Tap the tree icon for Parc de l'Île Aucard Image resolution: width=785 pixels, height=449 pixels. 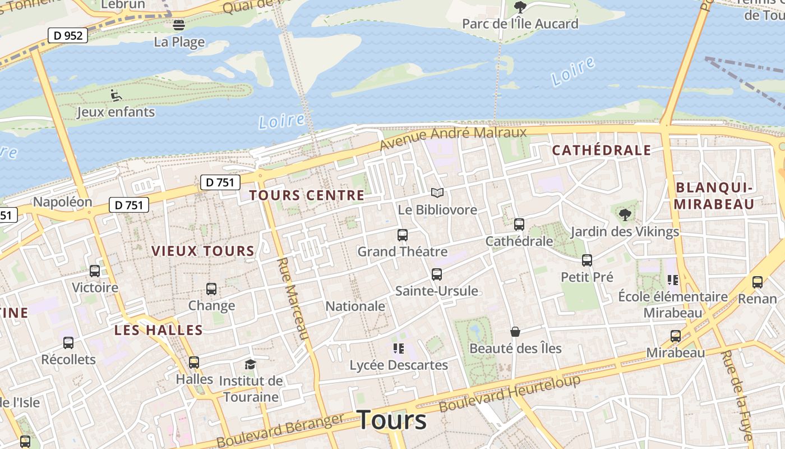tap(520, 7)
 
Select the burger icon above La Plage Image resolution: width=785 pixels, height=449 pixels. tap(179, 25)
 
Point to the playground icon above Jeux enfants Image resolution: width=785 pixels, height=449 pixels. tap(116, 95)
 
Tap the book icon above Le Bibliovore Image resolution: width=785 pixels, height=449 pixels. tap(437, 193)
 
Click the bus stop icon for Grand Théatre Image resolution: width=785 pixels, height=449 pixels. tap(403, 235)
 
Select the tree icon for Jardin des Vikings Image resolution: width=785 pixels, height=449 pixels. tap(625, 214)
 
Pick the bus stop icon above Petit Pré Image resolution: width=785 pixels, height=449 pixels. tap(587, 260)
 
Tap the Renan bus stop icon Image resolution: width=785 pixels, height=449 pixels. tap(758, 282)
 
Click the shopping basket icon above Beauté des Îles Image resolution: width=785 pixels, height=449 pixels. tap(515, 332)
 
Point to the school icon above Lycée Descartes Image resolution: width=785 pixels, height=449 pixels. tap(399, 349)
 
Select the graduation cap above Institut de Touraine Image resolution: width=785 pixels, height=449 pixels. tap(250, 364)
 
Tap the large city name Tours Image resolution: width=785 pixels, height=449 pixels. tap(391, 420)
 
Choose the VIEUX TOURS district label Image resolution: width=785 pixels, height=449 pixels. tap(203, 251)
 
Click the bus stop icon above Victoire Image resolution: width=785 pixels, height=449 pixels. tap(95, 271)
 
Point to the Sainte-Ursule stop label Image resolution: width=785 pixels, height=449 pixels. tap(437, 291)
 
